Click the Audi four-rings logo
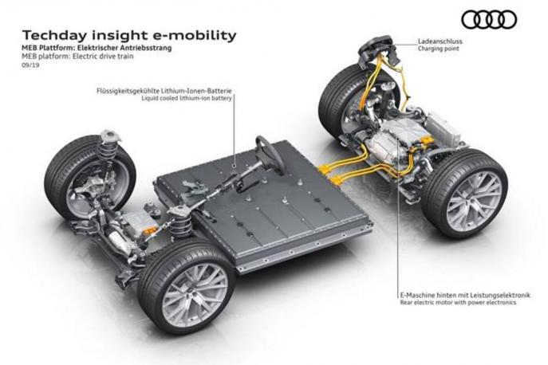click(x=489, y=19)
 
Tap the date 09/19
click(x=30, y=68)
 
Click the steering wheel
click(x=269, y=155)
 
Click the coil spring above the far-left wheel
click(x=107, y=147)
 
